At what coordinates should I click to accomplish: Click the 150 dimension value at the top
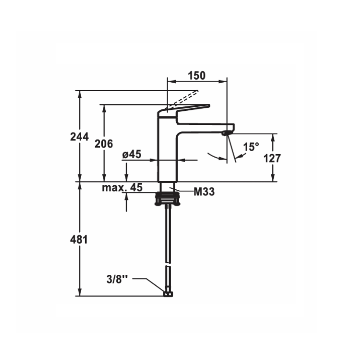coord(197,75)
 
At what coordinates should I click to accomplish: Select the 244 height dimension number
coord(79,137)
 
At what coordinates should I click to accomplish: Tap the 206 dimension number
coord(104,144)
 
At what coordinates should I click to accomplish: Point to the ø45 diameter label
coord(132,154)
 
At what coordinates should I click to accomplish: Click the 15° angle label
coord(251,147)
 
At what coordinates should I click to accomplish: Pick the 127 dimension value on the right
coord(272,158)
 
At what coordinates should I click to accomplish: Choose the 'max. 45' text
coord(122,188)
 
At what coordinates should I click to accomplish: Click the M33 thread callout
coord(204,192)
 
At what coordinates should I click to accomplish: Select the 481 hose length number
coord(79,240)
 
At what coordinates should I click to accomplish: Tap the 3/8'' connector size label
coord(117,279)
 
